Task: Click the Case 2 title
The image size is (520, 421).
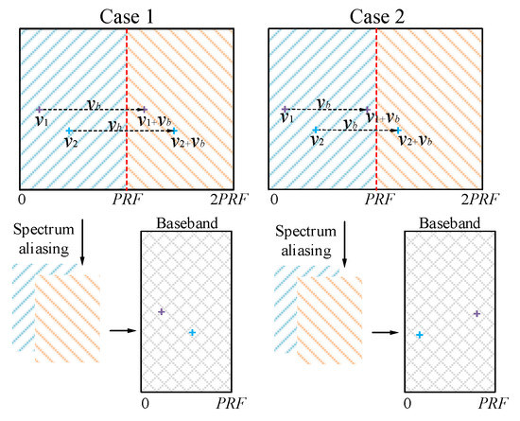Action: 375,12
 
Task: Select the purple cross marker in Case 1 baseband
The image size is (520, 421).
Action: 161,311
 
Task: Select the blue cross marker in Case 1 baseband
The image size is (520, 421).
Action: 192,332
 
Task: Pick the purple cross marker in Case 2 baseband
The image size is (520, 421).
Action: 477,313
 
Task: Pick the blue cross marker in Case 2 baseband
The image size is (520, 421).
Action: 418,335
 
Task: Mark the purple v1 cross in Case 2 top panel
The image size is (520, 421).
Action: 286,110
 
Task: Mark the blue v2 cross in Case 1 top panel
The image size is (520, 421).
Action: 69,131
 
